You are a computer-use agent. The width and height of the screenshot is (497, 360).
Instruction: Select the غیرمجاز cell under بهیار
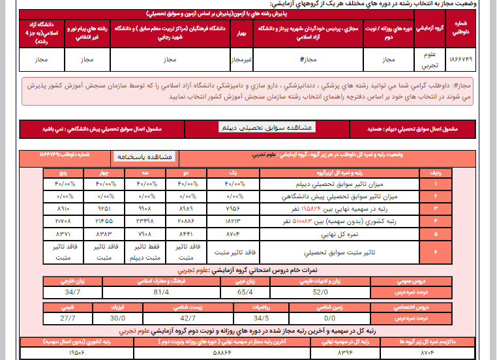coord(242,59)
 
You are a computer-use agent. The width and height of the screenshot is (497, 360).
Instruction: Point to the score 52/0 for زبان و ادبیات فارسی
coord(320,292)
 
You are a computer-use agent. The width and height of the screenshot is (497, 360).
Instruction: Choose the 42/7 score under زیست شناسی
coord(187,318)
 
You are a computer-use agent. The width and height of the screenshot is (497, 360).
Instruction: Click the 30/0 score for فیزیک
coord(117,318)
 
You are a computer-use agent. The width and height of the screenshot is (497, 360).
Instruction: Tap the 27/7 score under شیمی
coord(68,318)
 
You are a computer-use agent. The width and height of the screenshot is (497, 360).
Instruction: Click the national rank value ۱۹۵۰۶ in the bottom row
coord(77,353)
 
